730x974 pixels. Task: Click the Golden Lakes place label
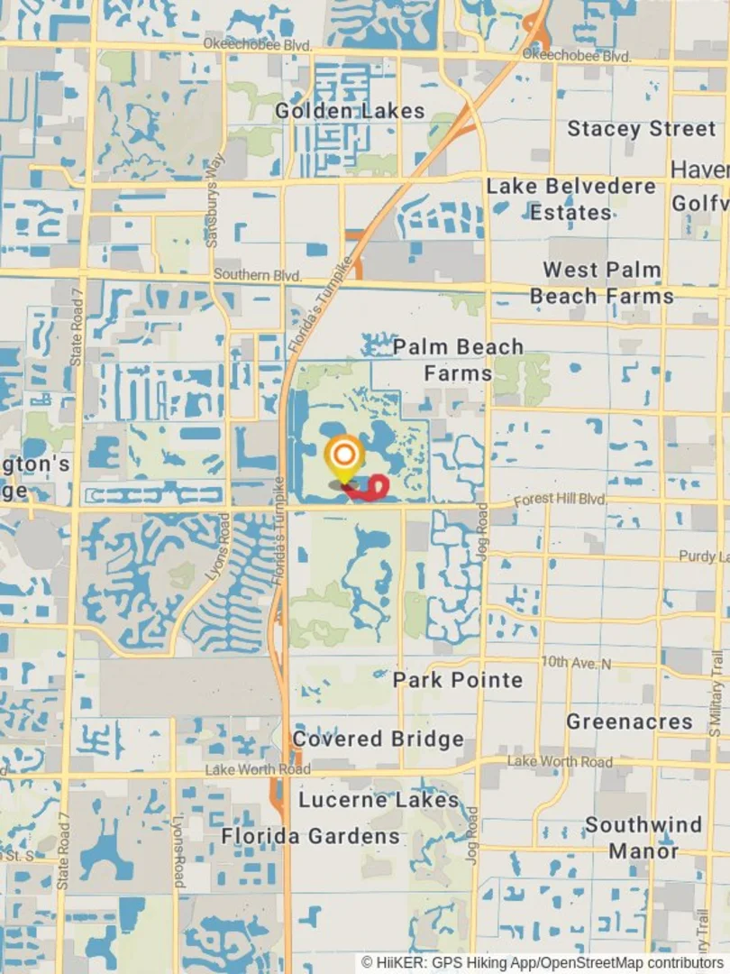tap(350, 111)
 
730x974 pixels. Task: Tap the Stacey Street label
tap(641, 129)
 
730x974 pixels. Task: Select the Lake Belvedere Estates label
tap(571, 199)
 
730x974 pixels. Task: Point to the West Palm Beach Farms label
tap(602, 283)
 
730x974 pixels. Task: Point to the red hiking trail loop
tap(371, 489)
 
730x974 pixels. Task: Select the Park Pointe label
tap(458, 680)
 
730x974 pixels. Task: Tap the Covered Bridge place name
tap(379, 740)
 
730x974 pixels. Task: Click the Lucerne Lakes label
tap(379, 800)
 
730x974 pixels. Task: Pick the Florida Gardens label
tap(311, 836)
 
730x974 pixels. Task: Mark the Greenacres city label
tap(629, 721)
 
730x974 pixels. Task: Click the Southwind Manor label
tap(643, 838)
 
